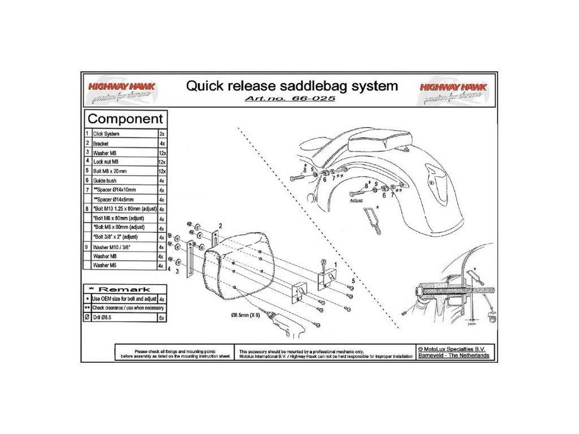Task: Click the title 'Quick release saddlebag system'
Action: [x=292, y=86]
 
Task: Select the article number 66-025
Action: [x=291, y=98]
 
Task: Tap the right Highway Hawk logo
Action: [x=451, y=90]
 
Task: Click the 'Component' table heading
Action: [x=126, y=119]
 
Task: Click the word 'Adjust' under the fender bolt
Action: [x=356, y=200]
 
